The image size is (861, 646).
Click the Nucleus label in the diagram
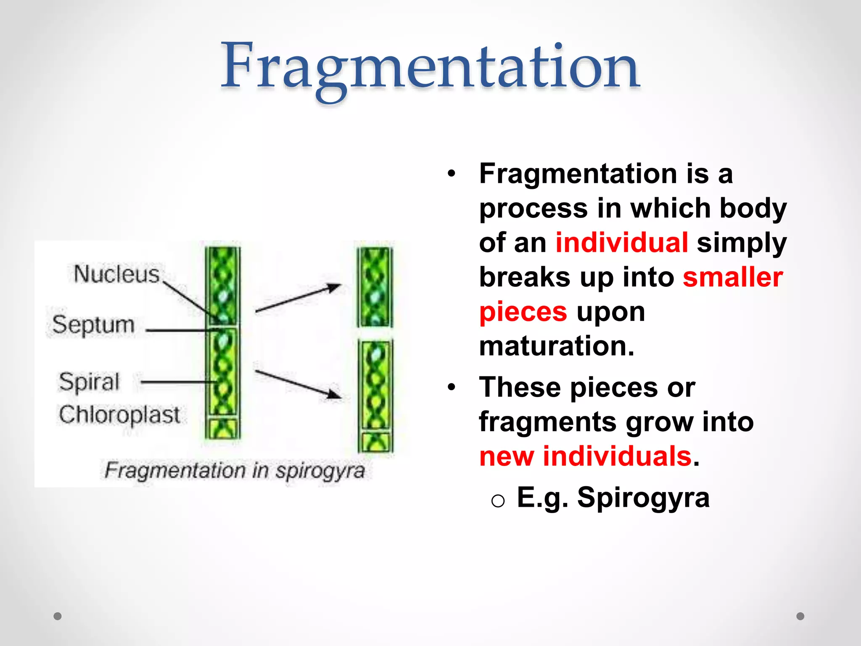click(116, 274)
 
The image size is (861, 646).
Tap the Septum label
click(93, 325)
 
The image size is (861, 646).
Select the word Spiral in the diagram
click(89, 382)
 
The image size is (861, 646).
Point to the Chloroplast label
click(119, 415)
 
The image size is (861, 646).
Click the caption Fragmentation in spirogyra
click(234, 471)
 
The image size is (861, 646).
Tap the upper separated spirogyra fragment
click(375, 287)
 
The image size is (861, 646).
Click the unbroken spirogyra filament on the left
click(222, 343)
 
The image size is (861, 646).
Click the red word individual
click(621, 243)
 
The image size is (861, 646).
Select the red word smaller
click(732, 278)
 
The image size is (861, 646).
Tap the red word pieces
click(523, 312)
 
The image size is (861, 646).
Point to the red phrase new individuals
click(585, 457)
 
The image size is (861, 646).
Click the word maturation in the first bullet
click(556, 347)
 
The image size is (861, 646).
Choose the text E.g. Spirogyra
click(613, 498)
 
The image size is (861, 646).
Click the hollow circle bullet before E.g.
click(498, 501)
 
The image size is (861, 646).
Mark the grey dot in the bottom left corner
click(58, 616)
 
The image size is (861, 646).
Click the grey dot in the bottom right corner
click(800, 616)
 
